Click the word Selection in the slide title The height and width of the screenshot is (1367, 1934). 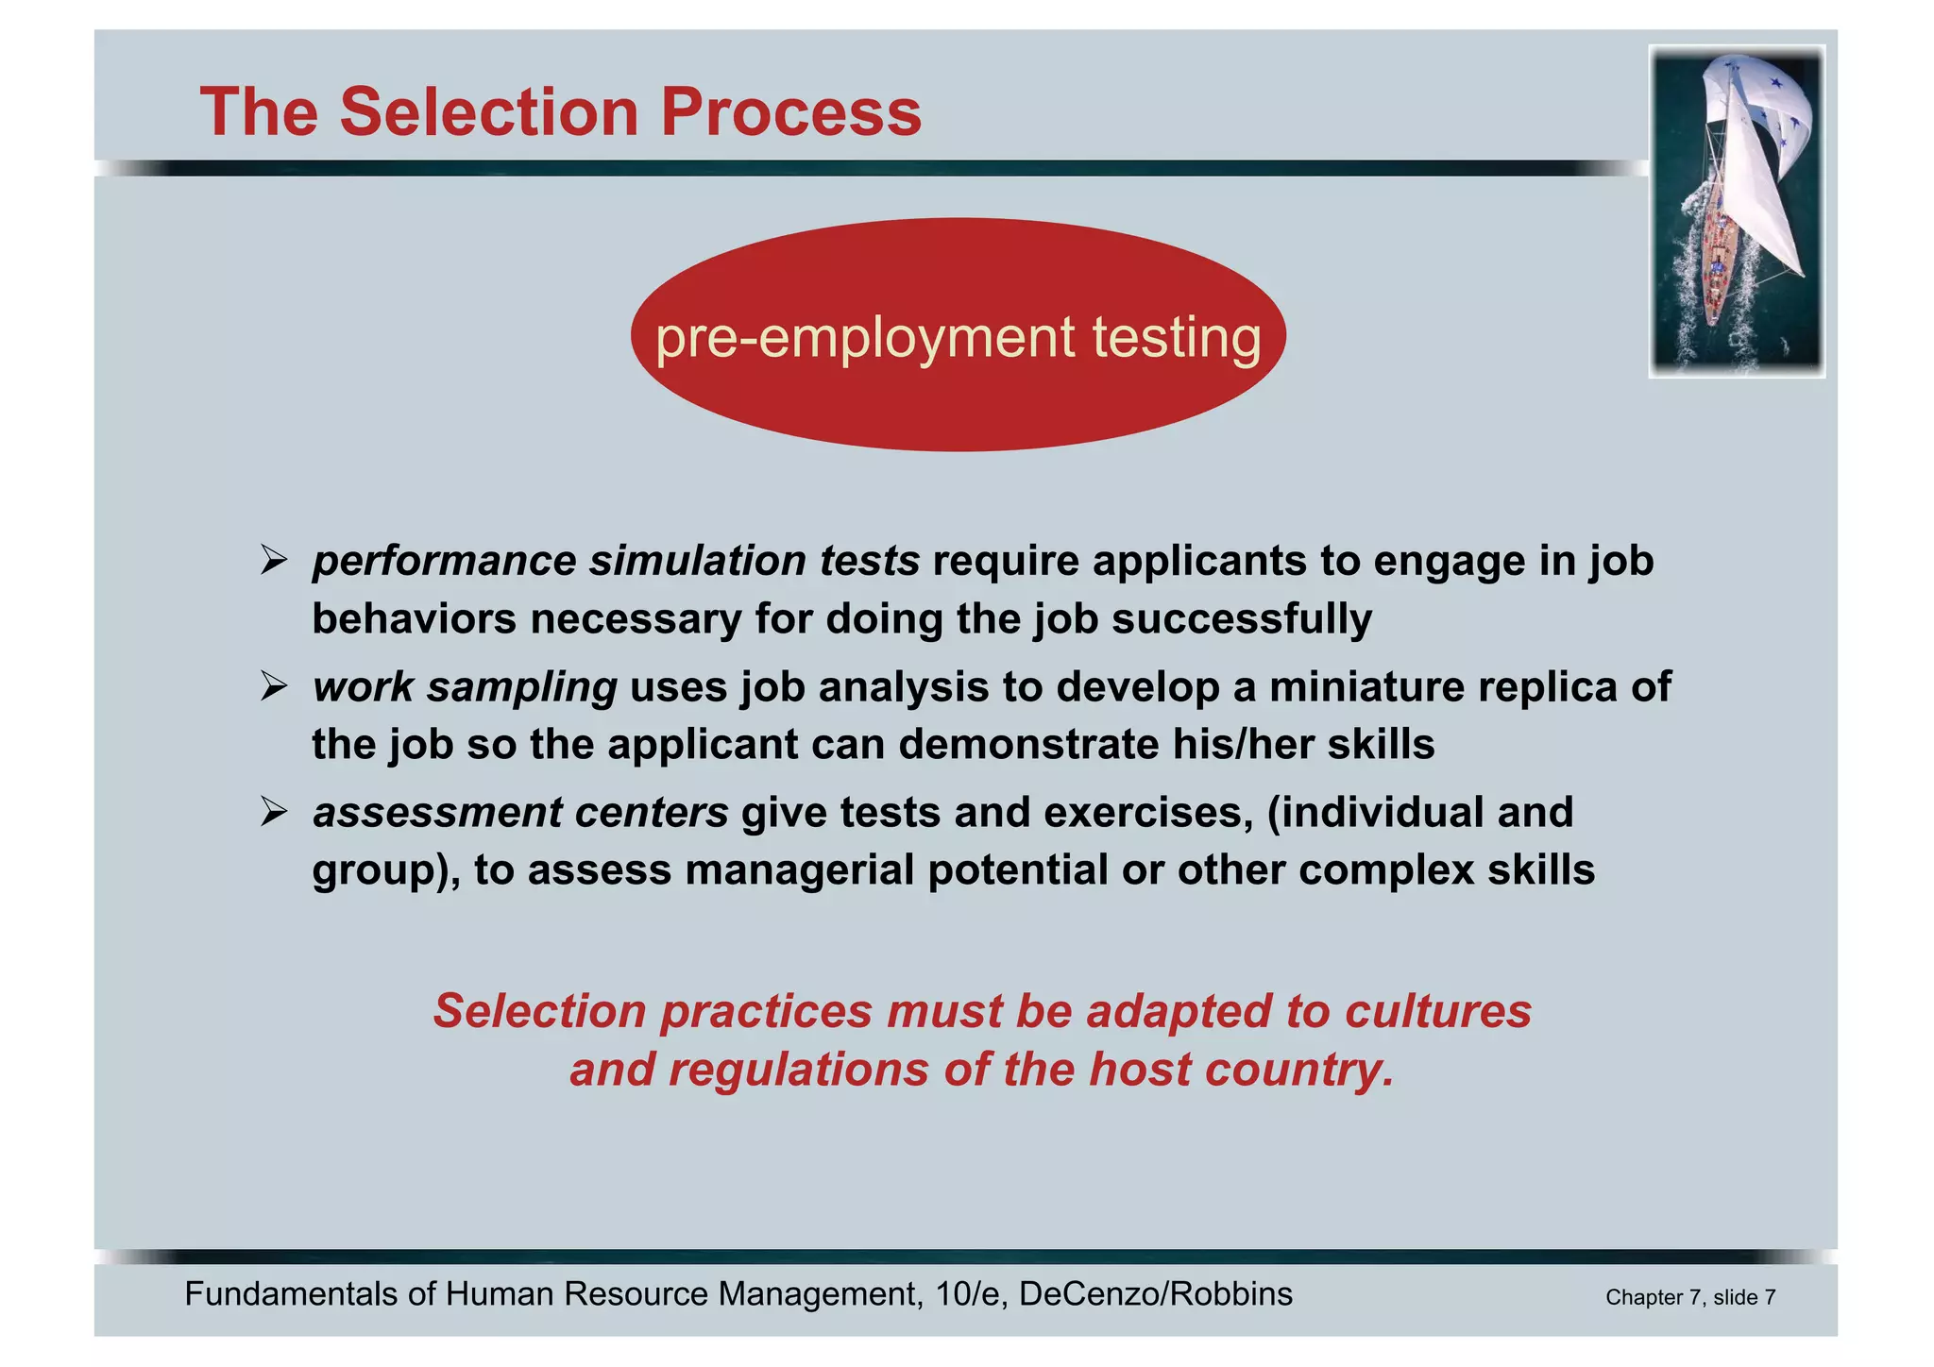point(488,111)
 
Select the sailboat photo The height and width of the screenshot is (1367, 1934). point(1737,211)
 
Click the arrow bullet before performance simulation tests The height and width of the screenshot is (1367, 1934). point(274,561)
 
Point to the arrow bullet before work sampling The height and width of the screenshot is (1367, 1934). point(274,686)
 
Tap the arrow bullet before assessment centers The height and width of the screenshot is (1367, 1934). point(274,812)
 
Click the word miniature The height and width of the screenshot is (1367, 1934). point(1366,686)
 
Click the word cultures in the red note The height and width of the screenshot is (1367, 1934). point(1437,1011)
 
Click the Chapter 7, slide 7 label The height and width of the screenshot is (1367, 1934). point(1690,1297)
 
